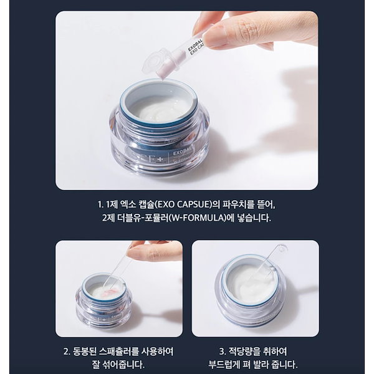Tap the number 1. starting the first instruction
102,204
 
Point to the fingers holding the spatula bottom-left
153,251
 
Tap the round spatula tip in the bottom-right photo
281,250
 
